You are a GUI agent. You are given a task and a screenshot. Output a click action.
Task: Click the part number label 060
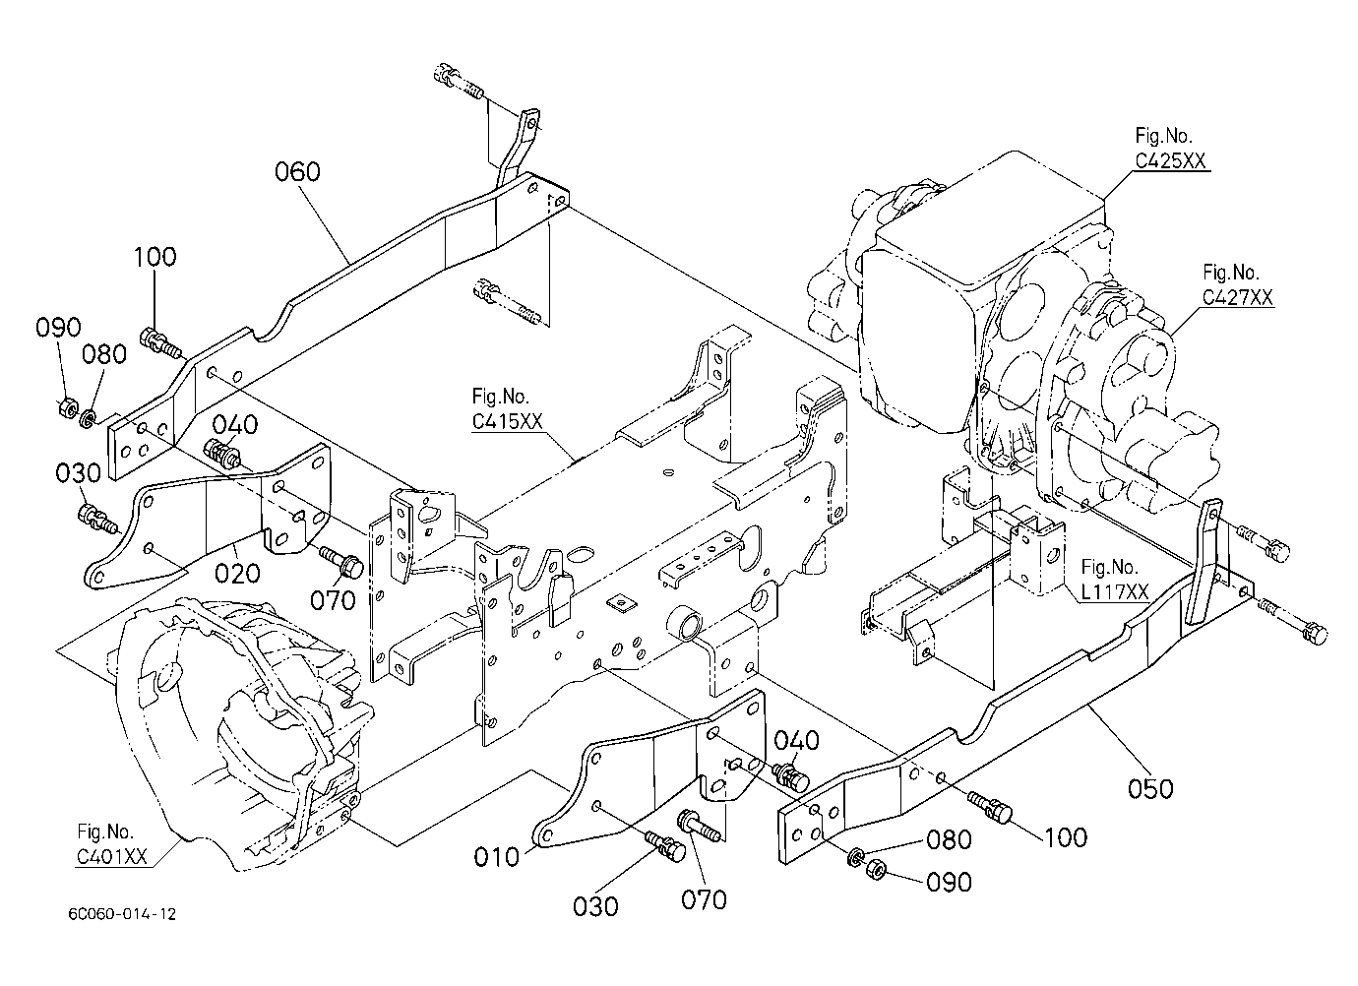pyautogui.click(x=297, y=171)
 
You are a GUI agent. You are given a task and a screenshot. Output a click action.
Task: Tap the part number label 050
pyautogui.click(x=1150, y=788)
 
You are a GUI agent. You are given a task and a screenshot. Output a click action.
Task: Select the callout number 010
pyautogui.click(x=497, y=857)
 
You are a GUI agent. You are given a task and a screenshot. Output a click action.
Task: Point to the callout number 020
pyautogui.click(x=237, y=573)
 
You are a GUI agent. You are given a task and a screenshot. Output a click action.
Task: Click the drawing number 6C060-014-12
pyautogui.click(x=122, y=914)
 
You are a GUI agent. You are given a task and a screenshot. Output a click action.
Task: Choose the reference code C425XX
pyautogui.click(x=1170, y=160)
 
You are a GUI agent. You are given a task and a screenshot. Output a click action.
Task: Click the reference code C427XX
pyautogui.click(x=1238, y=297)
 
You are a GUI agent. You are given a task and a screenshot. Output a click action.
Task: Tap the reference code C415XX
pyautogui.click(x=507, y=421)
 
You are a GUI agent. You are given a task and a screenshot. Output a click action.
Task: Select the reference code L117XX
pyautogui.click(x=1115, y=591)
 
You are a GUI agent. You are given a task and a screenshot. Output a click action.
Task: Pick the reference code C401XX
pyautogui.click(x=111, y=856)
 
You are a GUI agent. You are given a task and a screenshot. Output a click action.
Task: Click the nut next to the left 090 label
pyautogui.click(x=66, y=407)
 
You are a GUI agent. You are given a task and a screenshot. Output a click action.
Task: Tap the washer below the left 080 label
pyautogui.click(x=89, y=418)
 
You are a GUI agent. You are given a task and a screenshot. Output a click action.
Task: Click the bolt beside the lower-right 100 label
pyautogui.click(x=989, y=807)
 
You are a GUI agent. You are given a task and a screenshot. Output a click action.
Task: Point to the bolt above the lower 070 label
pyautogui.click(x=699, y=825)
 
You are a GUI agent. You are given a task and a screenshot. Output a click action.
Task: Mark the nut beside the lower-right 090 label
pyautogui.click(x=877, y=870)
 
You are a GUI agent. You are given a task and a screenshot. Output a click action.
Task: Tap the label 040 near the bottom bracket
pyautogui.click(x=797, y=740)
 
